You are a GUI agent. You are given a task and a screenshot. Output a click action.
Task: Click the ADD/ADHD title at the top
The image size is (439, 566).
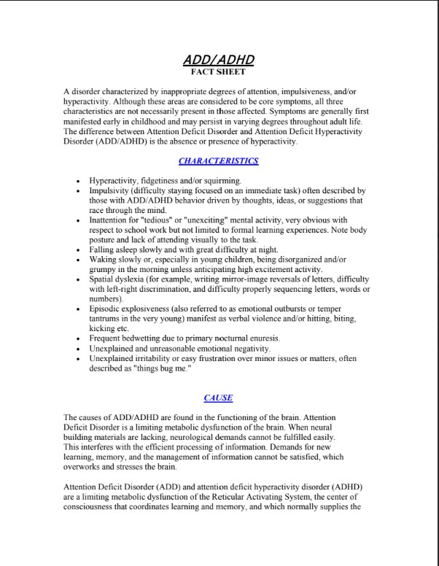[x=219, y=61]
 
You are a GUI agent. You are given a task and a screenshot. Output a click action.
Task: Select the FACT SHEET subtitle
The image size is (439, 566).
[x=219, y=72]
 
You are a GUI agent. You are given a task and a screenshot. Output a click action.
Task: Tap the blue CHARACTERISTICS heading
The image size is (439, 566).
[x=219, y=160]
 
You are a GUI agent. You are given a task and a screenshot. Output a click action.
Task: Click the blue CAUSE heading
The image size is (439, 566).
[x=219, y=398]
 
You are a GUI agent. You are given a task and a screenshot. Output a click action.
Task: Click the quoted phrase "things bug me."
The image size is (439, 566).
[x=163, y=368]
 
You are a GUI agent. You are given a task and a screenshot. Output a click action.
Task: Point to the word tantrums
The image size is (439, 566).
[x=108, y=319]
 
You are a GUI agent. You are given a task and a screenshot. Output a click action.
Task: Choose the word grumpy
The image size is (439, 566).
[x=104, y=270]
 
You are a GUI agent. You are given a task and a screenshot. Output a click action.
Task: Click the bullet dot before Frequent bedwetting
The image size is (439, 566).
[x=78, y=339]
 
